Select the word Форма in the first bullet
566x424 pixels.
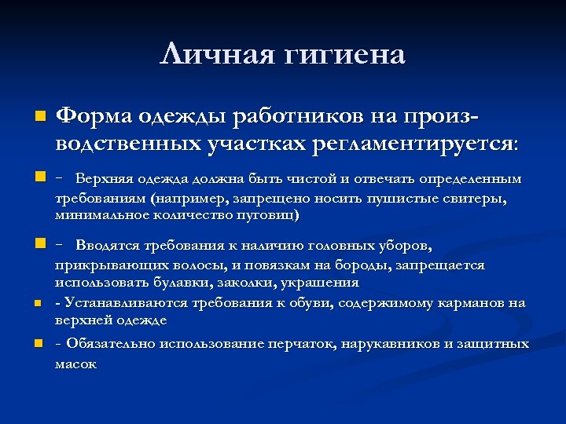coord(96,116)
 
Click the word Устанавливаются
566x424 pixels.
coord(127,303)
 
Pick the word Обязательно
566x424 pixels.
coord(108,344)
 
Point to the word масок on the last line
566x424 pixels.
coord(75,364)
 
